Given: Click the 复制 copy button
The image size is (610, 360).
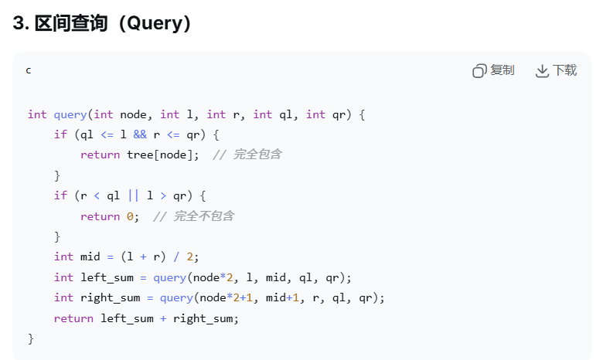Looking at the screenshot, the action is click(x=493, y=71).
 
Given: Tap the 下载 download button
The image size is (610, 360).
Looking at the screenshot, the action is click(x=556, y=71).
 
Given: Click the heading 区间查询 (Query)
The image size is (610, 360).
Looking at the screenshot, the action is click(x=101, y=23).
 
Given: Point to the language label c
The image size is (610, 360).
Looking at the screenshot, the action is click(x=29, y=70).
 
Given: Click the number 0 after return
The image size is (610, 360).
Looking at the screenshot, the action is click(x=130, y=216).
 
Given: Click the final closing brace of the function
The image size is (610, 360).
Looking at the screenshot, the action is click(x=31, y=338).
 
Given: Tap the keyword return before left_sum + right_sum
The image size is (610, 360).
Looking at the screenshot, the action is click(x=73, y=318).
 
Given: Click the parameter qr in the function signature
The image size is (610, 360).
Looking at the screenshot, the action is click(x=339, y=114).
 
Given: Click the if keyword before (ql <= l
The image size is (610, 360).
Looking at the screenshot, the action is click(x=60, y=134).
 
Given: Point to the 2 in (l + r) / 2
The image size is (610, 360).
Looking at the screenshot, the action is click(x=189, y=256).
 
